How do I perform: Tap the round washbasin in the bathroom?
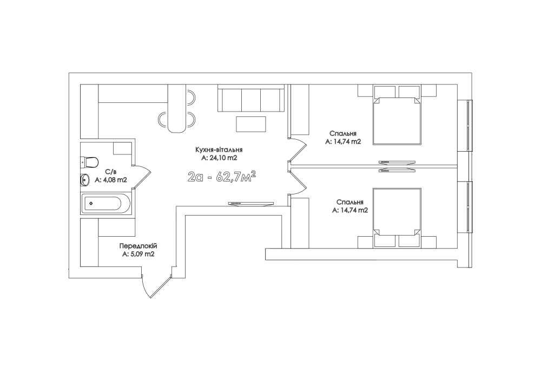click(85, 180)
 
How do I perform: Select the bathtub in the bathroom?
click(105, 204)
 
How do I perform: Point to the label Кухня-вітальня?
click(219, 150)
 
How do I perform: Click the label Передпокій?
click(138, 246)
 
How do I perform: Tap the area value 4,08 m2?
click(111, 180)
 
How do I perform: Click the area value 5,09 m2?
click(138, 254)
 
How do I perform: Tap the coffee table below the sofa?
click(251, 124)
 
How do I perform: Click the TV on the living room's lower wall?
click(250, 204)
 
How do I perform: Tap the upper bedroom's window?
click(469, 125)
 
